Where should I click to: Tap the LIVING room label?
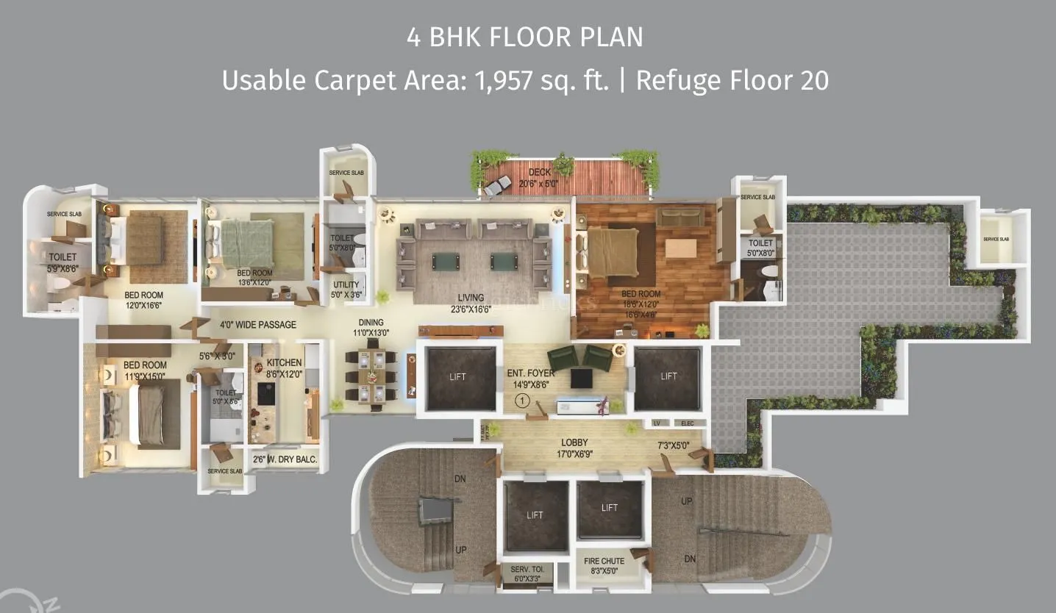(x=471, y=298)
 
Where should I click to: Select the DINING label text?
(x=371, y=322)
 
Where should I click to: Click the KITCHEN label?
(x=284, y=362)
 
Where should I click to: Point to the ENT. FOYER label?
(x=531, y=373)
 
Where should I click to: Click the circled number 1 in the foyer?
(x=522, y=401)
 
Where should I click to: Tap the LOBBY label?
(x=574, y=442)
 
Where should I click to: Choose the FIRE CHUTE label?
(x=604, y=561)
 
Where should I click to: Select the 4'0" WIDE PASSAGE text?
(x=257, y=325)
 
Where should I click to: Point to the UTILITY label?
(x=346, y=284)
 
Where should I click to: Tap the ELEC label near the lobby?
(x=688, y=423)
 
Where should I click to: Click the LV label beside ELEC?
(x=657, y=423)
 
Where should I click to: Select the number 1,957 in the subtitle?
(x=504, y=80)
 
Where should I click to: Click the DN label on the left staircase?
(x=460, y=478)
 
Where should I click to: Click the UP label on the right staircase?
(x=687, y=501)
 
